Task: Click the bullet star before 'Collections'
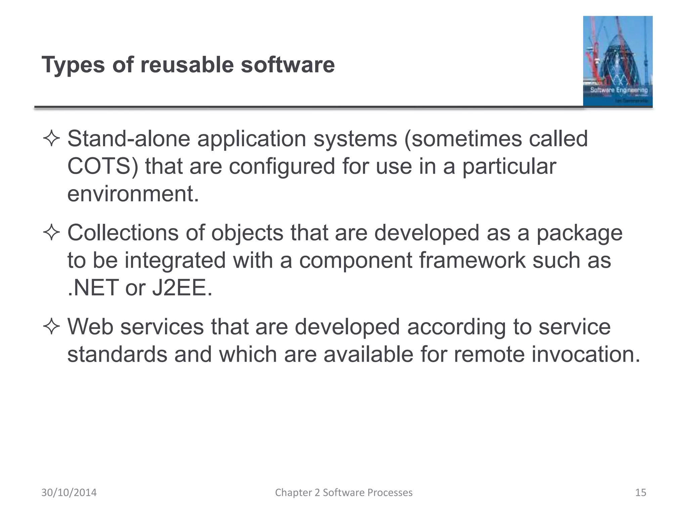(51, 233)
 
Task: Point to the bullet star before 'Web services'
(51, 327)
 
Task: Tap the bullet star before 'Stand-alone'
(51, 139)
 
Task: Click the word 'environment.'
(133, 194)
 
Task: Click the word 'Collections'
(123, 233)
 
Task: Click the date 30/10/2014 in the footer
(69, 492)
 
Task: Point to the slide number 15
(641, 492)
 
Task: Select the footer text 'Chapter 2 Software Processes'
(344, 492)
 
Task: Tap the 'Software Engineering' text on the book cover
(619, 90)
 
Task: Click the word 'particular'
(509, 166)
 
